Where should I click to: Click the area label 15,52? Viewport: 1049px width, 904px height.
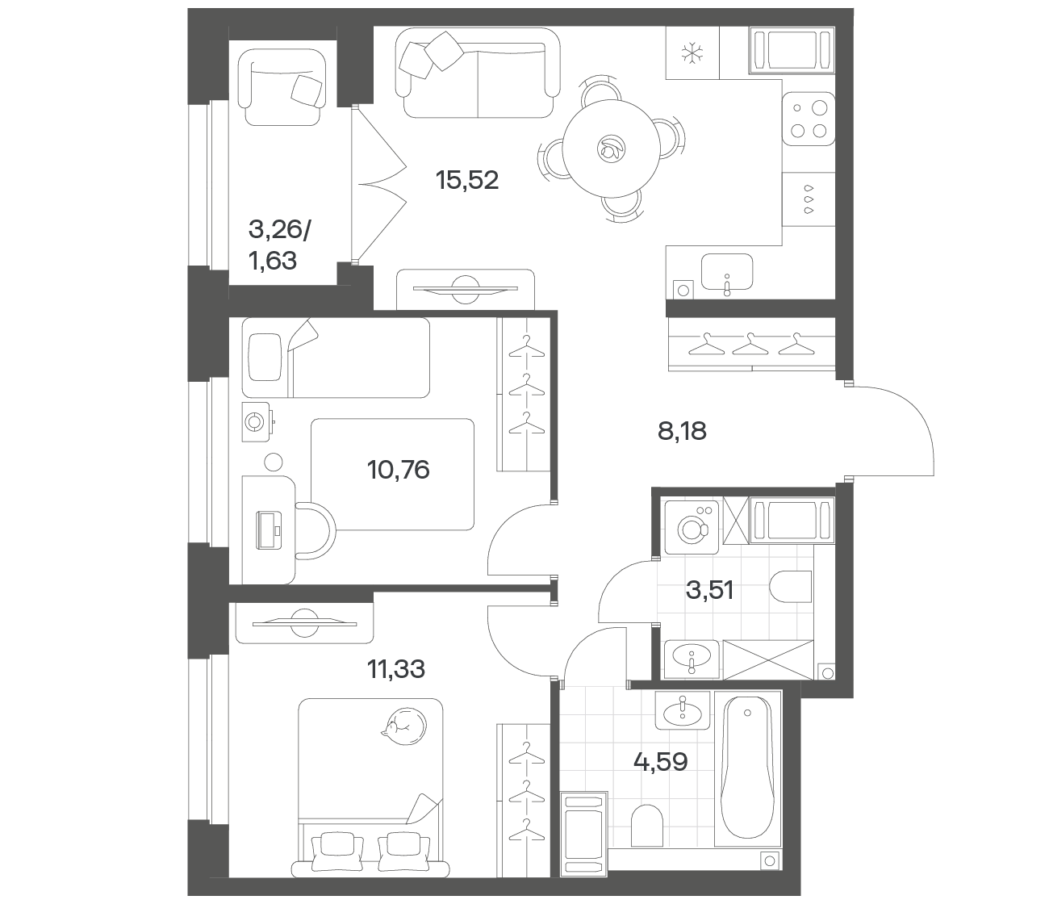click(467, 180)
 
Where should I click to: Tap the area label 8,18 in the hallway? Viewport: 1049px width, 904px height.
click(682, 432)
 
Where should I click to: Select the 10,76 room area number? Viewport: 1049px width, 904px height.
click(398, 470)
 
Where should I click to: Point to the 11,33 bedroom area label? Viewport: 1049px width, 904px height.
click(396, 669)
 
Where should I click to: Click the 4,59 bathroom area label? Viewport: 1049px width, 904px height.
click(661, 762)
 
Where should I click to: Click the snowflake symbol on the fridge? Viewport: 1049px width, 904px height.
click(692, 53)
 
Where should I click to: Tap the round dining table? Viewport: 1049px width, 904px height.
click(611, 149)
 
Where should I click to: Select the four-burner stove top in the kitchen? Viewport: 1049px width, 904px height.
click(809, 119)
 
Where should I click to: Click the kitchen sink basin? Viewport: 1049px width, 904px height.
click(727, 272)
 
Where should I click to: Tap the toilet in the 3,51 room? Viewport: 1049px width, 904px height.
click(790, 588)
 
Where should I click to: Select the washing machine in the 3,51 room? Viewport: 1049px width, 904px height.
click(692, 528)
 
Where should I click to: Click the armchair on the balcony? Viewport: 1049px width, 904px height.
click(281, 87)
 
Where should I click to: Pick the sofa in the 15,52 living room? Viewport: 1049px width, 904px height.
click(478, 73)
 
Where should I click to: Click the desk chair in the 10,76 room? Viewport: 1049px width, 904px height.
click(316, 530)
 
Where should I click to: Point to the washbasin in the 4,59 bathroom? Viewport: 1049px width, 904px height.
click(682, 710)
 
